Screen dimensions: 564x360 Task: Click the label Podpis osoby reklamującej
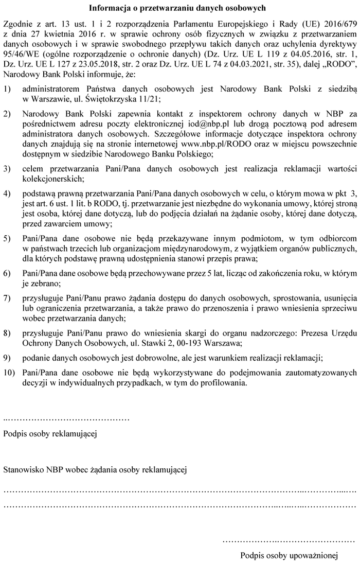point(50,433)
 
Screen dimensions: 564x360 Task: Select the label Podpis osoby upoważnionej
point(289,556)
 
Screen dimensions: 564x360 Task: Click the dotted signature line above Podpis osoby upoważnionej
point(289,541)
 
